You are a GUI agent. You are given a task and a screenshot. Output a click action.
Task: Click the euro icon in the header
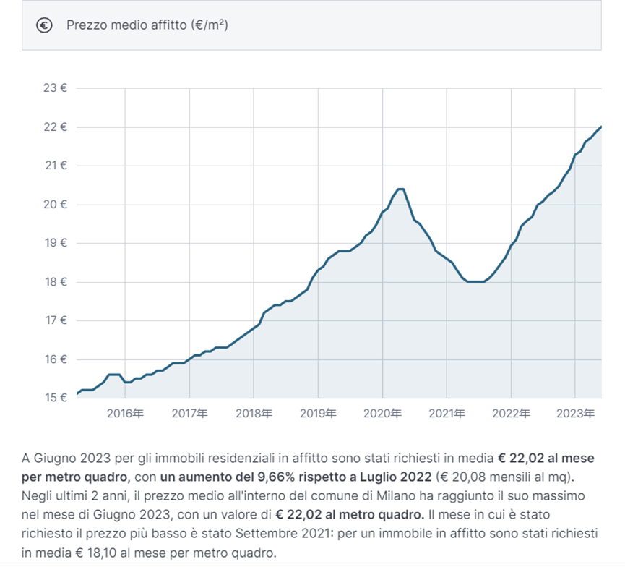point(45,25)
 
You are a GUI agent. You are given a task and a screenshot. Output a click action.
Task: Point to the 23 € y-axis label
point(55,88)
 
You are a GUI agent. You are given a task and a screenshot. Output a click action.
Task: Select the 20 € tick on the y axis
point(55,204)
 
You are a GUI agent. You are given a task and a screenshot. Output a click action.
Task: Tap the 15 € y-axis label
point(55,398)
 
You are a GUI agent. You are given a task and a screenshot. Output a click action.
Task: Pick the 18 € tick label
point(55,281)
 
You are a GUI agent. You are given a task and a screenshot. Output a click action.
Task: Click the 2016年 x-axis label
point(125,414)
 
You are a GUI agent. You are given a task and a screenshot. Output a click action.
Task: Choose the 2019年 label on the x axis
point(318,414)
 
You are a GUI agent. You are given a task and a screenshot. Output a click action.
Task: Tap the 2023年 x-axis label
point(575,414)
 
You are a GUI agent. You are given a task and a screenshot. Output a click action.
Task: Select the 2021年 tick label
point(447,414)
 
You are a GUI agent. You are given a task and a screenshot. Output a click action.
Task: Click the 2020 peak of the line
point(400,189)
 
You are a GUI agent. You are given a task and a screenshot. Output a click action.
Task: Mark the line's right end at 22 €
point(601,127)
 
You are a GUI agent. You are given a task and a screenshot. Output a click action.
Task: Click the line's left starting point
point(77,394)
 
